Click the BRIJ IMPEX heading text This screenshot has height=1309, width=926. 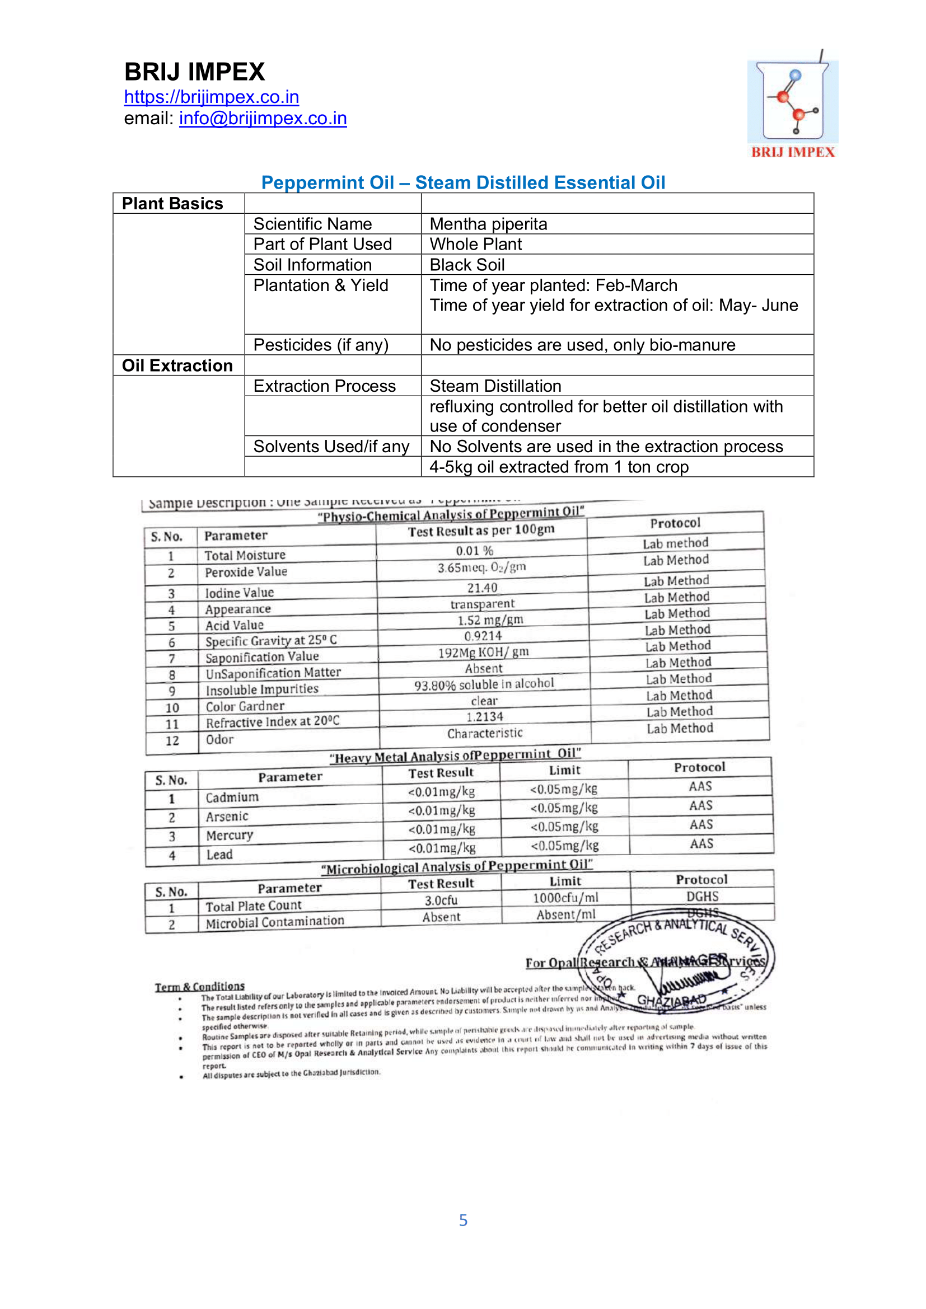pyautogui.click(x=194, y=72)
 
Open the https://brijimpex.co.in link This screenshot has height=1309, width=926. pyautogui.click(x=212, y=97)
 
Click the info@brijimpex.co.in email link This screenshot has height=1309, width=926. pyautogui.click(x=263, y=118)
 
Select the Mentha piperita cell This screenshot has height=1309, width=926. pyautogui.click(x=488, y=224)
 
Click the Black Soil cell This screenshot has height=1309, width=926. pyautogui.click(x=467, y=265)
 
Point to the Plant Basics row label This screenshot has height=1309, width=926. pyautogui.click(x=172, y=204)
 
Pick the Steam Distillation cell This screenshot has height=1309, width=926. pyautogui.click(x=495, y=386)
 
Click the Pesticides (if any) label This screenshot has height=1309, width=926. pyautogui.click(x=320, y=345)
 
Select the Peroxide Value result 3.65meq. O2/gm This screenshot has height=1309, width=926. pyautogui.click(x=482, y=567)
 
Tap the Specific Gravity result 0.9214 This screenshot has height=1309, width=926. pyautogui.click(x=483, y=636)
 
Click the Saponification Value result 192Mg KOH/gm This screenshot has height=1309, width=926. pyautogui.click(x=484, y=652)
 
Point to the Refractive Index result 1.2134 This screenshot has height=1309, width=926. pyautogui.click(x=485, y=717)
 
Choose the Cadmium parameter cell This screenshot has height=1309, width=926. pyautogui.click(x=232, y=797)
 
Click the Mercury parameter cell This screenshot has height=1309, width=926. pyautogui.click(x=229, y=835)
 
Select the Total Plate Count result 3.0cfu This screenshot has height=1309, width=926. pyautogui.click(x=441, y=900)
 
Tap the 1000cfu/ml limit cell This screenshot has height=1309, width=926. pyautogui.click(x=565, y=898)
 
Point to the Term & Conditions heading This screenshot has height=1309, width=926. pyautogui.click(x=199, y=986)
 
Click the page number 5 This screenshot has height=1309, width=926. pyautogui.click(x=463, y=1220)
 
